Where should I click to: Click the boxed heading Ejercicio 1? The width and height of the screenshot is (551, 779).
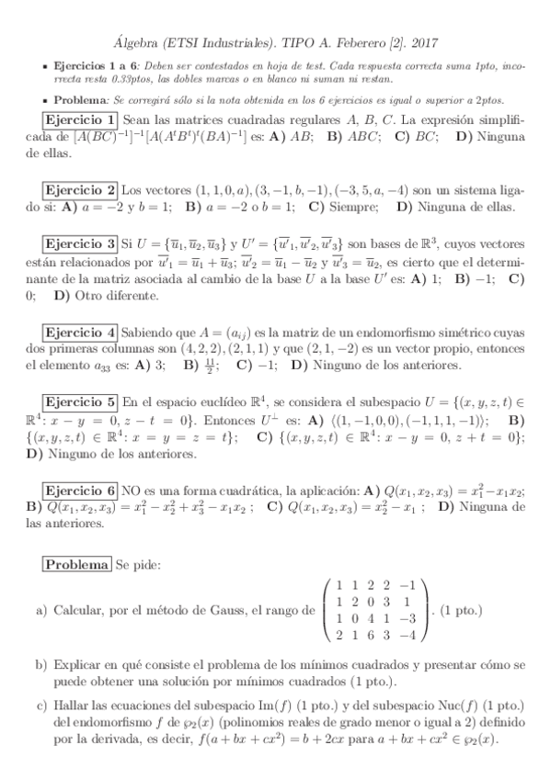[80, 120]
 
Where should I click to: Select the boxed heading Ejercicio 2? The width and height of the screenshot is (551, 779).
[80, 190]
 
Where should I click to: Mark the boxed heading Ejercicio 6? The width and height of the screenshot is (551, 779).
[80, 491]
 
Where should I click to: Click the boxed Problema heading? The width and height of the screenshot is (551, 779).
[76, 564]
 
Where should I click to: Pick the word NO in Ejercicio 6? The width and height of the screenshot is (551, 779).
[132, 491]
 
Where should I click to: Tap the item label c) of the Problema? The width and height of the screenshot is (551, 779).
[40, 705]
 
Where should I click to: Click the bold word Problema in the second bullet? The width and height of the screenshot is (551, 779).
[79, 99]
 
